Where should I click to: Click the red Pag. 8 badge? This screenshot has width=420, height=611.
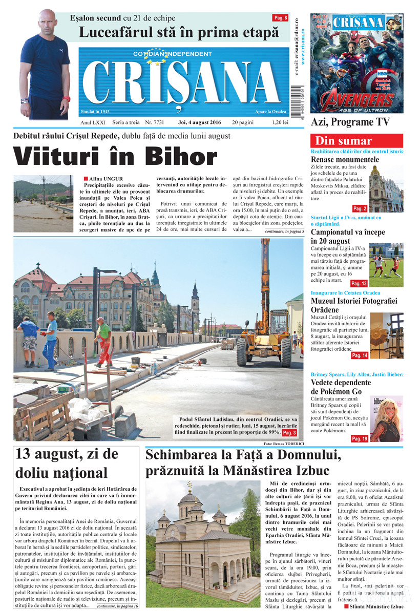280,18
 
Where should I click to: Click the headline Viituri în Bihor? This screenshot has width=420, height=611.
115,157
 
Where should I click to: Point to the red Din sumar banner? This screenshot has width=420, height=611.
357,141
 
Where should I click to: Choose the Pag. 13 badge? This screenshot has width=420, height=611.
359,283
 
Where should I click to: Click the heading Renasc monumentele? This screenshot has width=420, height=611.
345,160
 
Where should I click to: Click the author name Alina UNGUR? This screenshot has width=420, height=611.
106,178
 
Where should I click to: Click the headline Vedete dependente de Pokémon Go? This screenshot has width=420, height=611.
341,387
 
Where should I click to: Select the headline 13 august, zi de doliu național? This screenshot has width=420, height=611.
67,463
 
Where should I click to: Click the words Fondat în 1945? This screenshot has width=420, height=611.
95,111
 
